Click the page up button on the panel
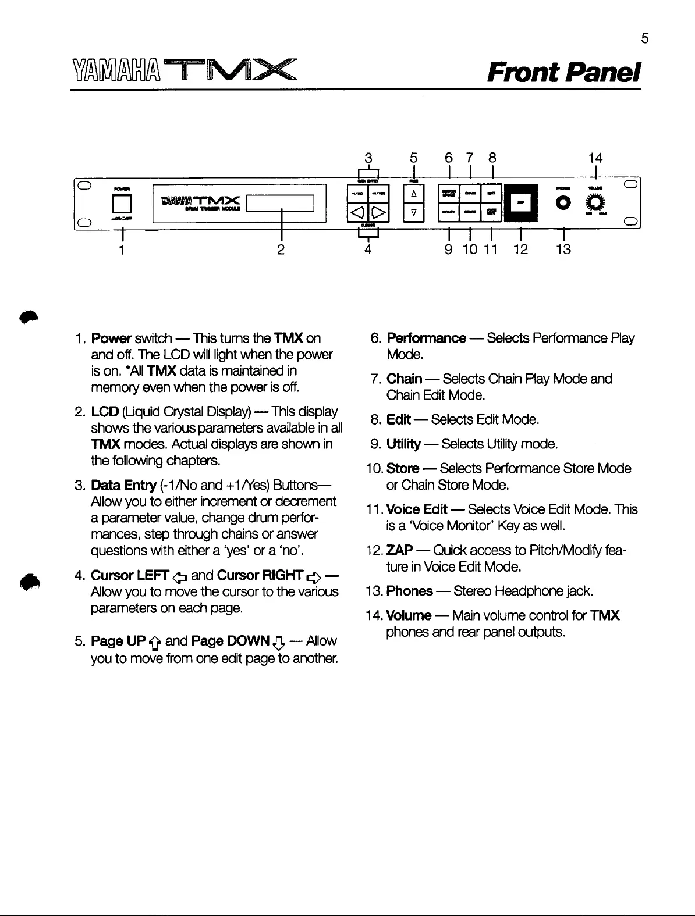413,194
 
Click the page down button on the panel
413,212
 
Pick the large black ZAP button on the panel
520,203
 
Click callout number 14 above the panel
595,158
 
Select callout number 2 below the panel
281,250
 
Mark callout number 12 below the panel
520,250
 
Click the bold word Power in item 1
111,338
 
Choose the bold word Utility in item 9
403,444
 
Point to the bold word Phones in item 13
409,591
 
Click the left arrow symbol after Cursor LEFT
180,577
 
